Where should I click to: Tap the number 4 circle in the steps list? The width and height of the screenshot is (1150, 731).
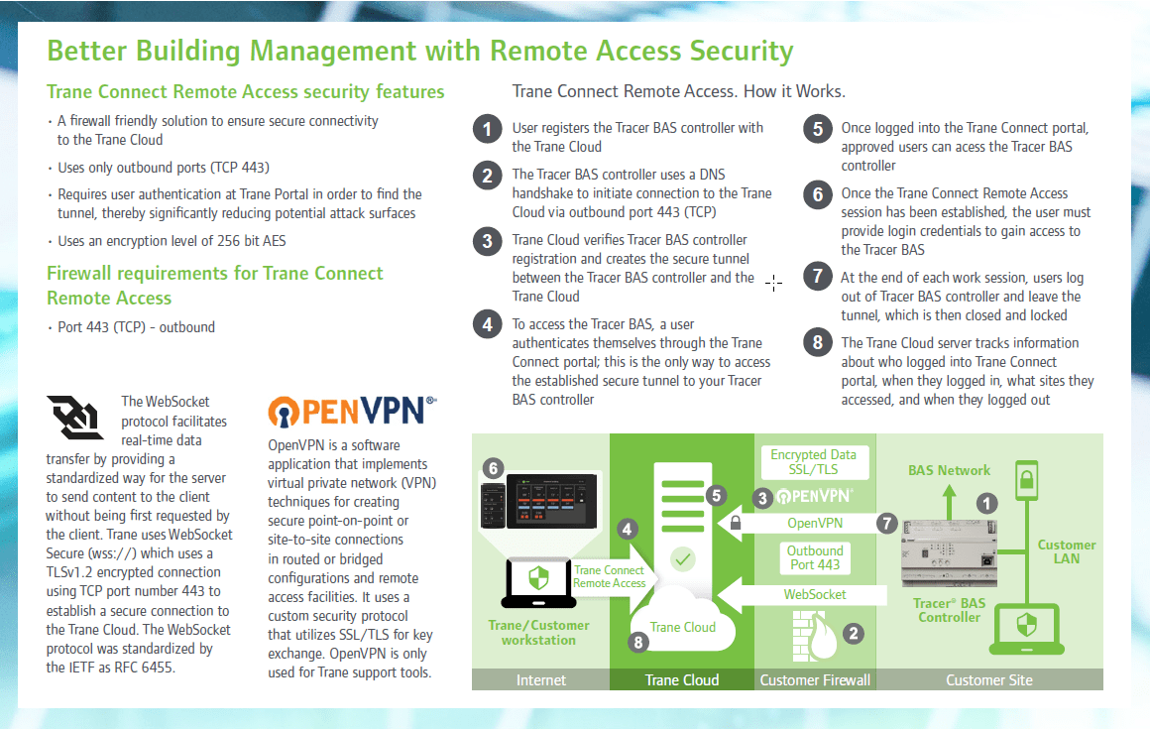pos(487,324)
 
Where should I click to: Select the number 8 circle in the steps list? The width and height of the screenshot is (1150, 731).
pos(817,343)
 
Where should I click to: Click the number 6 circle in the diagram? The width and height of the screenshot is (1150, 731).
pos(492,466)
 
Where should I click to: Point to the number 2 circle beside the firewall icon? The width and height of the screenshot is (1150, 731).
pos(852,632)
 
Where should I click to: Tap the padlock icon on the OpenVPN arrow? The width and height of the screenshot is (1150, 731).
pos(735,522)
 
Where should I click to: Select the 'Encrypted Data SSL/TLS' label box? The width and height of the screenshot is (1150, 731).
pos(814,461)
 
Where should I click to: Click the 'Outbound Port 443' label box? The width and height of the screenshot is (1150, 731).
pos(815,557)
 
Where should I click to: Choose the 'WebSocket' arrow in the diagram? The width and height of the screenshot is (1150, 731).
pos(803,594)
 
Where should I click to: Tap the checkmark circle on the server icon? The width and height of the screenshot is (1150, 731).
pos(682,559)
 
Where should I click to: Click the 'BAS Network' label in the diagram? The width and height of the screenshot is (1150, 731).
pos(949,470)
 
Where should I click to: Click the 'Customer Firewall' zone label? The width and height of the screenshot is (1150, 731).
pos(815,679)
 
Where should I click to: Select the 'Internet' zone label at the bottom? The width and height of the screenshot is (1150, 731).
pos(541,679)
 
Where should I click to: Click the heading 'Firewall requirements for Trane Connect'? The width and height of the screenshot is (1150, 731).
pos(215,274)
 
